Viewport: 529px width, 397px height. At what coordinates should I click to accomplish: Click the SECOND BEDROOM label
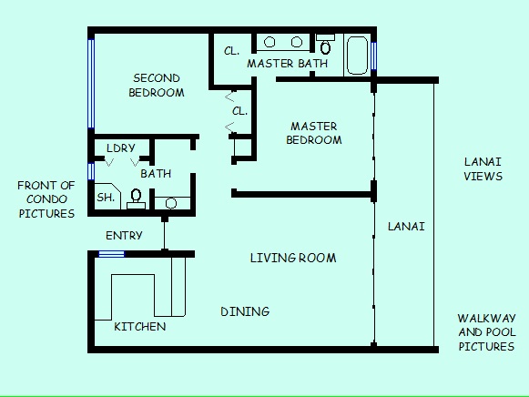tap(157, 86)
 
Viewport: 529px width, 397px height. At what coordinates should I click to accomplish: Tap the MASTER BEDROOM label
tap(314, 133)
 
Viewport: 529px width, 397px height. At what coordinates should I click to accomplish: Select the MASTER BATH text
tap(288, 64)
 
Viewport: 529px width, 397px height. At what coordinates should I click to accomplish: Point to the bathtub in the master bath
tap(357, 56)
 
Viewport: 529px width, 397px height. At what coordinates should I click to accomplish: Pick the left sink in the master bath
tap(270, 42)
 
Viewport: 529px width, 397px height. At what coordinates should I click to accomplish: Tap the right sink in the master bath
tap(296, 42)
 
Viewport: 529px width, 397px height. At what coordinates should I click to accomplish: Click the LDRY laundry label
tap(121, 148)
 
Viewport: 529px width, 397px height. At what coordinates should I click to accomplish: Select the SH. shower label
tap(106, 198)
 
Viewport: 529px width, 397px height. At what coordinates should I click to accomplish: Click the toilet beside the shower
tap(136, 199)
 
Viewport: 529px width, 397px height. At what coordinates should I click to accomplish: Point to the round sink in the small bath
tap(171, 203)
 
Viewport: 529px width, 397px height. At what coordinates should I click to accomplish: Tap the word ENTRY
tap(124, 236)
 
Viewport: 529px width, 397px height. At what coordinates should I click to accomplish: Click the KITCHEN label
tap(140, 327)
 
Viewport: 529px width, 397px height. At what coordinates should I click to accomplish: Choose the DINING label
tap(245, 311)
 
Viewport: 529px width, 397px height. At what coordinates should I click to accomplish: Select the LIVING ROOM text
tap(293, 258)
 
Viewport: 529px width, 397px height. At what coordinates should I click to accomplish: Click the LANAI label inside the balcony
tap(406, 227)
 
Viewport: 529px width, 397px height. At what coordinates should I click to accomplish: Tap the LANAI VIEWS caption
tap(483, 169)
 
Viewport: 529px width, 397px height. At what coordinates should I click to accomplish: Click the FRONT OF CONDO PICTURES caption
tap(46, 199)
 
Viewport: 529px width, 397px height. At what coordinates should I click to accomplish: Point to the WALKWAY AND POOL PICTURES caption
tap(486, 332)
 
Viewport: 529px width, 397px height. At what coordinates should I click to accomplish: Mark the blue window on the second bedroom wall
tap(91, 84)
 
